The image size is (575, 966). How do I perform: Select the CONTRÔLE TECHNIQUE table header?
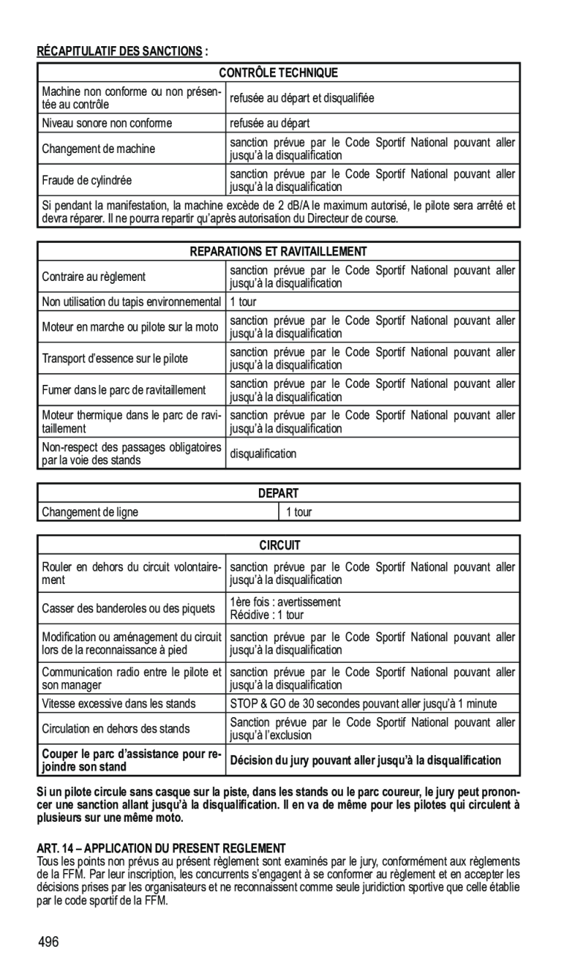[x=278, y=73]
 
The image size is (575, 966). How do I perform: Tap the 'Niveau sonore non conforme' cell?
[x=107, y=123]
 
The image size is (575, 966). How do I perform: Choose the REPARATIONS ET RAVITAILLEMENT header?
[x=278, y=252]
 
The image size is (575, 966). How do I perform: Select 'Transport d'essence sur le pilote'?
[x=115, y=358]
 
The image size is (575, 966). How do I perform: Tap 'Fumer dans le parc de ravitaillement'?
[x=123, y=390]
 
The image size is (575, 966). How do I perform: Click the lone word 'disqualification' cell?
[x=263, y=453]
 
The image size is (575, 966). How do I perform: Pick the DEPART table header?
[x=278, y=493]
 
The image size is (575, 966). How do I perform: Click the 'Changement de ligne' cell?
[x=90, y=512]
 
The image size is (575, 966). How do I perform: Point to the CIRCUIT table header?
[x=278, y=545]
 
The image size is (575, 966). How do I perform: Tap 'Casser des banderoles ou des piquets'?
[x=128, y=609]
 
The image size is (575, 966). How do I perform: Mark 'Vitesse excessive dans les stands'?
[x=119, y=703]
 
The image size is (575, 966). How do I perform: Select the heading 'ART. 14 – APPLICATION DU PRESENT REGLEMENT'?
[x=161, y=848]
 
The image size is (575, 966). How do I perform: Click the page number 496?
[x=50, y=943]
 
